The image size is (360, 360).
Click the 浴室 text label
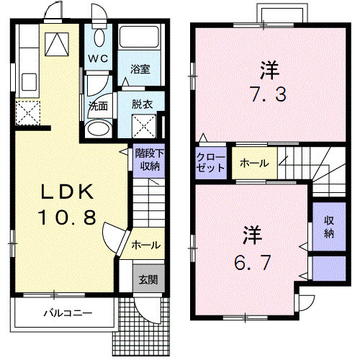pos(140,69)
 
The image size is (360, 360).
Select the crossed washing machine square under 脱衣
pos(143,127)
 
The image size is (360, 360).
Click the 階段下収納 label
pos(148,160)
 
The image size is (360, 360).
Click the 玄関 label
pos(146,279)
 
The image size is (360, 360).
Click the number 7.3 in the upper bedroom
pos(269,93)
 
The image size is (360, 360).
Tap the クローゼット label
pos(210,163)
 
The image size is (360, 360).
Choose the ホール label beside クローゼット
pos(254,163)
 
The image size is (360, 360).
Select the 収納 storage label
pos(328,226)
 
